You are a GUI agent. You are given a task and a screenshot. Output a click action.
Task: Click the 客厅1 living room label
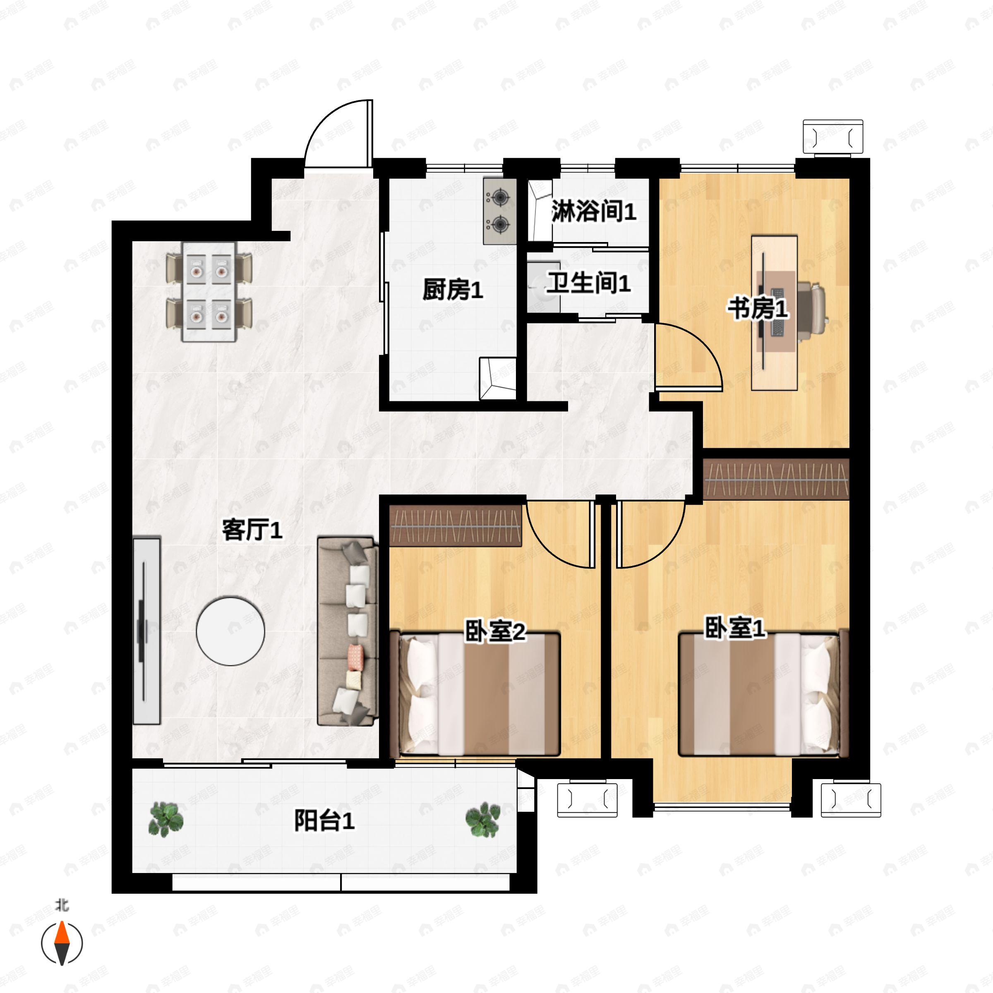pos(252,530)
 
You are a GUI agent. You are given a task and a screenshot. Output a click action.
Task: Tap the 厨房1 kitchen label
pos(452,290)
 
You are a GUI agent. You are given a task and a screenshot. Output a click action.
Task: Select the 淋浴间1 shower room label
pos(594,211)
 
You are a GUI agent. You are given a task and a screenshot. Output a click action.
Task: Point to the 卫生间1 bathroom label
pos(588,283)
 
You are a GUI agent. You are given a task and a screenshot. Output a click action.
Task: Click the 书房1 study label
pos(757,309)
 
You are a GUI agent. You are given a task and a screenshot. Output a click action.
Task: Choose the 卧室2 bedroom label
pos(494,631)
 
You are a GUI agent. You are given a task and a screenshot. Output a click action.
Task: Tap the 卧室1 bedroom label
pos(734,628)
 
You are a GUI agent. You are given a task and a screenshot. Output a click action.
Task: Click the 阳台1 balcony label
pos(324,821)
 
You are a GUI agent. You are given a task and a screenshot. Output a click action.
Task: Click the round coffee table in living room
pos(231,631)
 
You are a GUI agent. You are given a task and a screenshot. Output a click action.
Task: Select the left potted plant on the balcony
pos(165,819)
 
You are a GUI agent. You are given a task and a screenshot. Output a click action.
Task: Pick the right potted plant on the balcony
pos(483,819)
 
